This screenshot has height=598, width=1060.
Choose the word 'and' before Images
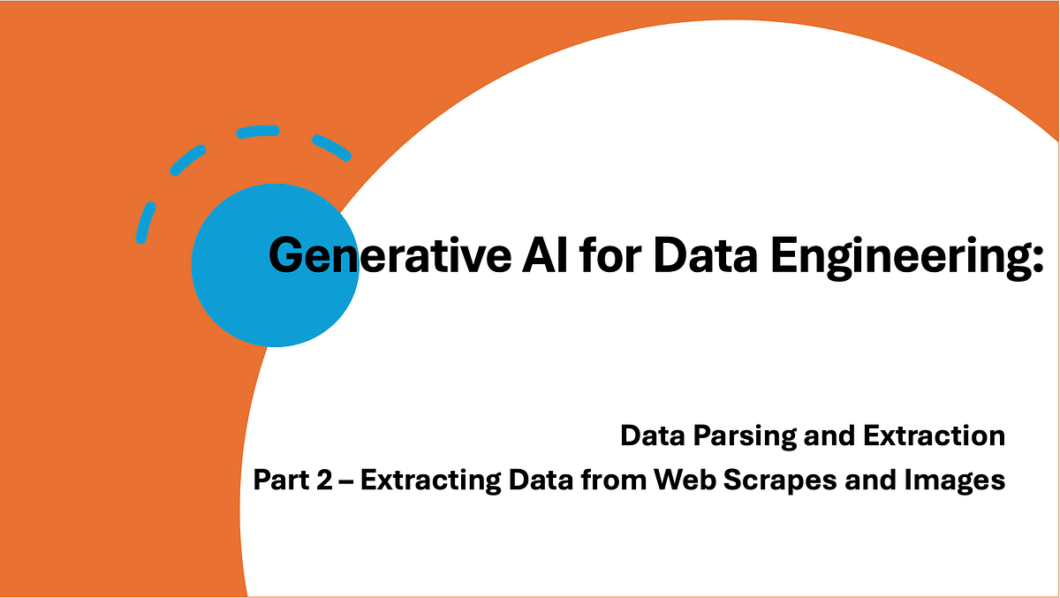(x=869, y=481)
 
